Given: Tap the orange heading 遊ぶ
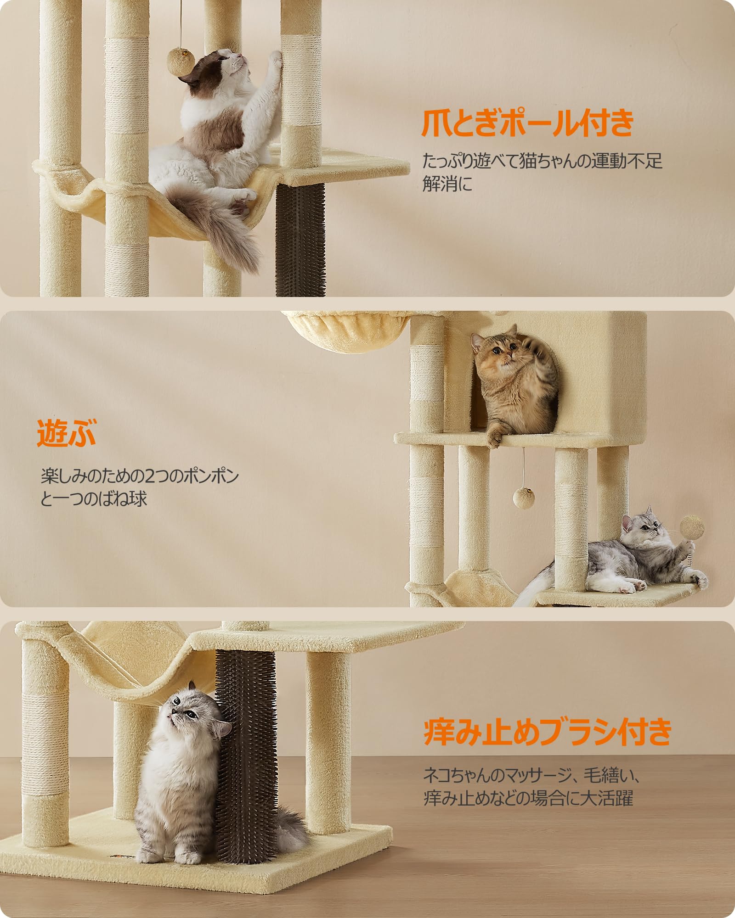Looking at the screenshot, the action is click(x=67, y=433).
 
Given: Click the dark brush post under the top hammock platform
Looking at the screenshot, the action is click(x=300, y=239).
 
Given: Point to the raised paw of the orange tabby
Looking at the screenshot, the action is click(x=537, y=349).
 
